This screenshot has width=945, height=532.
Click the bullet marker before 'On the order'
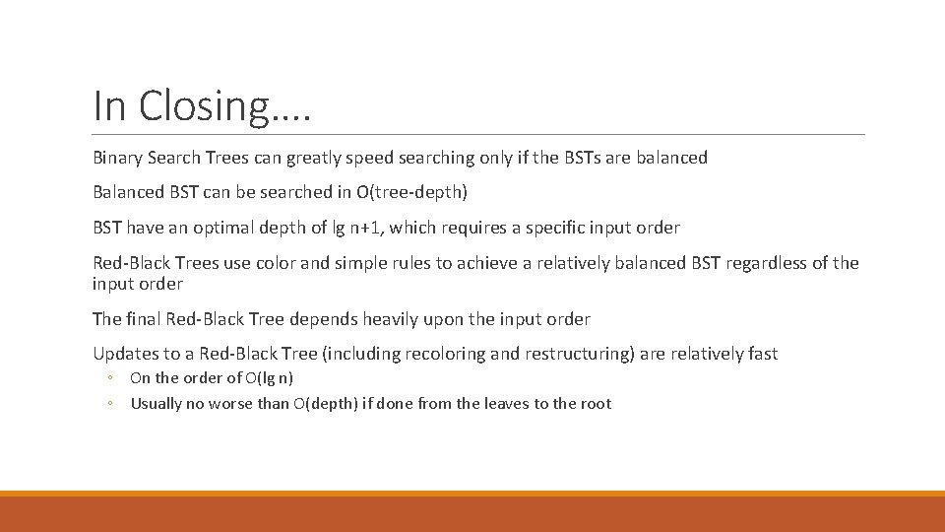[x=112, y=378]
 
